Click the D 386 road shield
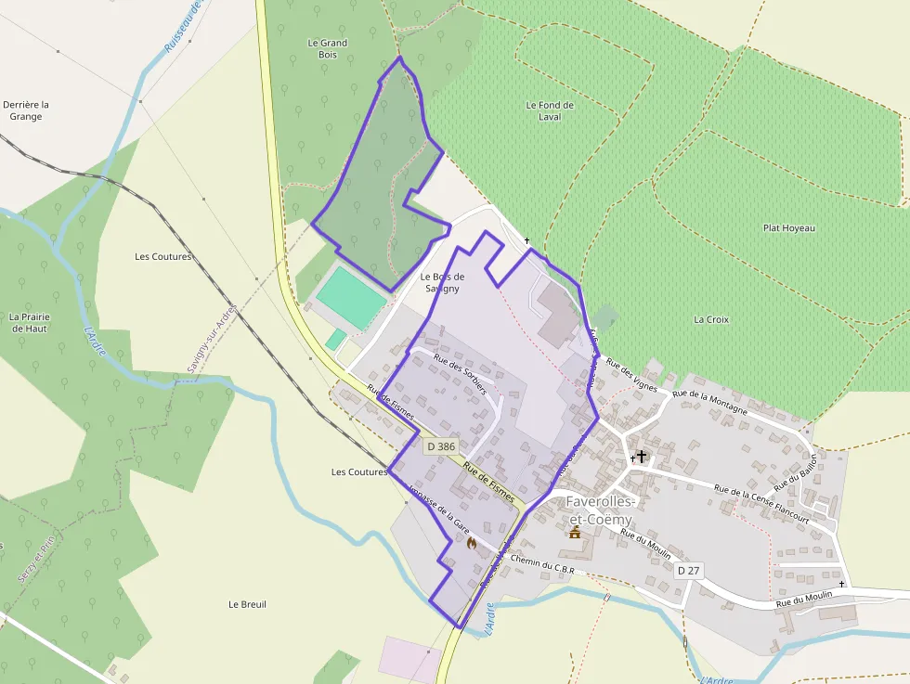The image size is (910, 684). (442, 446)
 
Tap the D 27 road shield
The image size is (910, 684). (688, 570)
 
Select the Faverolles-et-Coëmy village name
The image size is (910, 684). (600, 510)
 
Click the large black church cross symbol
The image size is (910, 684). (641, 457)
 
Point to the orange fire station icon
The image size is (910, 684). (471, 543)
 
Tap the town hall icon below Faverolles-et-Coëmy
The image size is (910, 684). (575, 532)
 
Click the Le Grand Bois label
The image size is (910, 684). (328, 48)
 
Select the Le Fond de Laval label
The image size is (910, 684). (550, 110)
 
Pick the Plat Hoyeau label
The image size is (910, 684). (788, 227)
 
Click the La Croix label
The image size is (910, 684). (711, 319)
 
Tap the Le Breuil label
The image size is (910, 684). (247, 604)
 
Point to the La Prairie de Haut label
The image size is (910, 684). (30, 322)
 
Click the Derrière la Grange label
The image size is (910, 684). (26, 110)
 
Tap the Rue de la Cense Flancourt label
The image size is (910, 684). (761, 504)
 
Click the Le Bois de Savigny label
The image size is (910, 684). (442, 282)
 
